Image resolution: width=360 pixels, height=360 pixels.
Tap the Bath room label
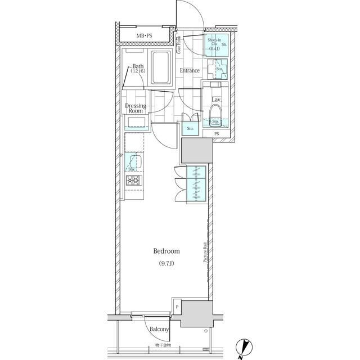pyautogui.click(x=138, y=66)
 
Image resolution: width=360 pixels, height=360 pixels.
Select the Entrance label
pyautogui.click(x=190, y=70)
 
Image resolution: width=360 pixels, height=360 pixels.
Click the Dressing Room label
pyautogui.click(x=136, y=108)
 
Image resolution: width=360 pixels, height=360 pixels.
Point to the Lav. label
pyautogui.click(x=215, y=100)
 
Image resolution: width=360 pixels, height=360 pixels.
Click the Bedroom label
pyautogui.click(x=166, y=251)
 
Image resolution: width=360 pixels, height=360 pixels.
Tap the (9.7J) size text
pyautogui.click(x=166, y=263)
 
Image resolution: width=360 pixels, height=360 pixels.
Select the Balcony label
pyautogui.click(x=159, y=329)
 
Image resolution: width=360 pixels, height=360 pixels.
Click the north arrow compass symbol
pyautogui.click(x=242, y=349)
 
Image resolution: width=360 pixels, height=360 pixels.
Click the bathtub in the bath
pyautogui.click(x=161, y=66)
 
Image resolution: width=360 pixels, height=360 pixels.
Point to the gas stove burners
pyautogui.click(x=133, y=181)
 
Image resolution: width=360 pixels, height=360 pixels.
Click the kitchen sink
pyautogui.click(x=133, y=163)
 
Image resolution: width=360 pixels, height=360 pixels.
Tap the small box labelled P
pyautogui.click(x=177, y=307)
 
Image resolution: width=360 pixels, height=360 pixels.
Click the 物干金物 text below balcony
pyautogui.click(x=163, y=345)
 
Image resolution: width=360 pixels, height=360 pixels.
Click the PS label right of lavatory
pyautogui.click(x=217, y=133)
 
